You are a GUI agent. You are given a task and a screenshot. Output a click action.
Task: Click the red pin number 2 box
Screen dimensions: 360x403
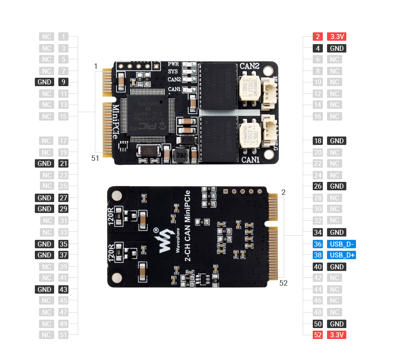(x=318, y=37)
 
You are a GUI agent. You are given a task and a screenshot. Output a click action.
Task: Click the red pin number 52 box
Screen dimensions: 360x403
(x=318, y=335)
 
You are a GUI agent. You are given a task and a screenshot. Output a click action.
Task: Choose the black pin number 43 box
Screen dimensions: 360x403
(x=63, y=289)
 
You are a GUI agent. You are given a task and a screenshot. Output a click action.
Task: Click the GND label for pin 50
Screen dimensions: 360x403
(x=337, y=324)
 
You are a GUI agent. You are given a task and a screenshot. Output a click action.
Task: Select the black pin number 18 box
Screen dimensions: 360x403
(x=318, y=141)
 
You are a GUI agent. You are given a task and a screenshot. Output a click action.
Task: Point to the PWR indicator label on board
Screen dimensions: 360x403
(x=173, y=64)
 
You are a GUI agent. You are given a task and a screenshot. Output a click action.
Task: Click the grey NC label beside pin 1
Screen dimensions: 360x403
(x=47, y=37)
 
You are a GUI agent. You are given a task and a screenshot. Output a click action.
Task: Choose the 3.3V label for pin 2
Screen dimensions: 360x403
(x=337, y=37)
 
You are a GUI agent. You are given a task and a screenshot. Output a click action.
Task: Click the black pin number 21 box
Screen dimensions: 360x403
(x=63, y=163)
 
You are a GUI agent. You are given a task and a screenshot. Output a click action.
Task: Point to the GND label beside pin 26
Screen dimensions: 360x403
(x=337, y=186)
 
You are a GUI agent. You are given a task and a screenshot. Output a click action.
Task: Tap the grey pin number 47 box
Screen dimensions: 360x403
(x=63, y=312)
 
